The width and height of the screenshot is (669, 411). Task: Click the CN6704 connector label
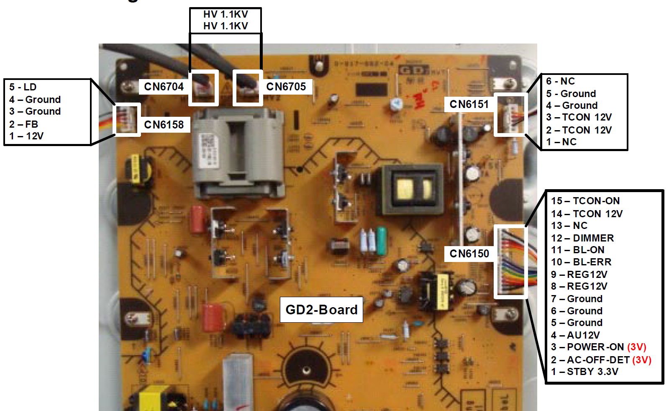164,87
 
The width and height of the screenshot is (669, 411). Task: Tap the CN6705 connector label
286,87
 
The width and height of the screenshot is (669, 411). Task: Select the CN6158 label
164,125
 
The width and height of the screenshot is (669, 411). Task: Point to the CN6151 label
469,104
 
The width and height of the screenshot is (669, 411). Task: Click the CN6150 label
469,254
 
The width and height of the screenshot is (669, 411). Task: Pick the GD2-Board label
321,310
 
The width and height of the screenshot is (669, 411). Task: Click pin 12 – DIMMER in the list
582,238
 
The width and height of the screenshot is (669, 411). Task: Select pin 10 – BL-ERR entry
581,262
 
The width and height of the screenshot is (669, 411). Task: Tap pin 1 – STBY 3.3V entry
584,372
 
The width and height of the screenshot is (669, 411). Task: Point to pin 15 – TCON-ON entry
585,201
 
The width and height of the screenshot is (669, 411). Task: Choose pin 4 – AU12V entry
575,335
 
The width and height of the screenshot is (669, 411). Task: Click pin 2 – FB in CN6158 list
24,124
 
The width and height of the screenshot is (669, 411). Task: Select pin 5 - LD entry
23,87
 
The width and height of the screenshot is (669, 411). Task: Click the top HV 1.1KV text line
226,14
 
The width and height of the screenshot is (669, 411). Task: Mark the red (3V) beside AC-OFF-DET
642,360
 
